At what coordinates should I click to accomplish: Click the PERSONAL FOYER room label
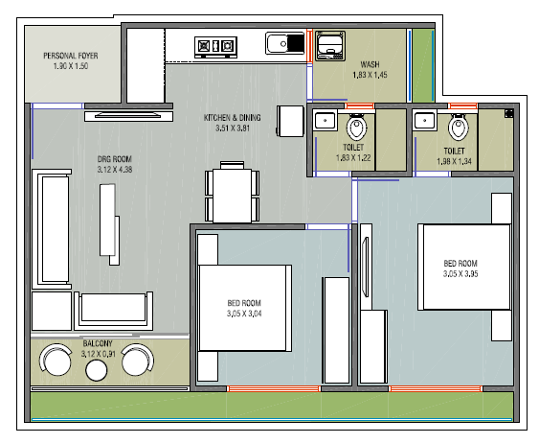tap(71, 56)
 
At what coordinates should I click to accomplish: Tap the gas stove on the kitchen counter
tap(215, 47)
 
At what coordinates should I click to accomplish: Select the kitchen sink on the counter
tap(285, 43)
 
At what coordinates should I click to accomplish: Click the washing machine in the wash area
tap(330, 46)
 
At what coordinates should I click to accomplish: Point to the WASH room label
tap(370, 64)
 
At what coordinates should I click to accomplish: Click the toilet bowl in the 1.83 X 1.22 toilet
tap(356, 127)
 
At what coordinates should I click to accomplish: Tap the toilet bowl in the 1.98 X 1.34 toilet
tap(459, 127)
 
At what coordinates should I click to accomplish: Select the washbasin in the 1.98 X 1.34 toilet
tap(424, 121)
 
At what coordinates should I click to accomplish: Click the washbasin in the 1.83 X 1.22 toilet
tap(325, 121)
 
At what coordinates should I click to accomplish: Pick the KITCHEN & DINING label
tap(233, 118)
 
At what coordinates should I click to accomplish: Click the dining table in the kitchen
tap(233, 196)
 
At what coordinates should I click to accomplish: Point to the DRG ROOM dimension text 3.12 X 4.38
tap(115, 170)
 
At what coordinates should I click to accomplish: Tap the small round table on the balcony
tap(97, 370)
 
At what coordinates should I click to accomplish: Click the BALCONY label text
tap(98, 343)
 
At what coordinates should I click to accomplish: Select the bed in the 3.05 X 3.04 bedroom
tap(244, 308)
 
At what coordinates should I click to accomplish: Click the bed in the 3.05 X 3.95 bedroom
tap(463, 268)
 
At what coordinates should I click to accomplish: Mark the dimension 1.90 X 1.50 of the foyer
tap(71, 66)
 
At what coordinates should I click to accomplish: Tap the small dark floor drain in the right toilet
tap(508, 113)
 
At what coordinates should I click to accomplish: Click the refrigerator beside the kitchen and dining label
tap(290, 121)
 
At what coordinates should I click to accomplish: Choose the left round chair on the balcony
tap(56, 361)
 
